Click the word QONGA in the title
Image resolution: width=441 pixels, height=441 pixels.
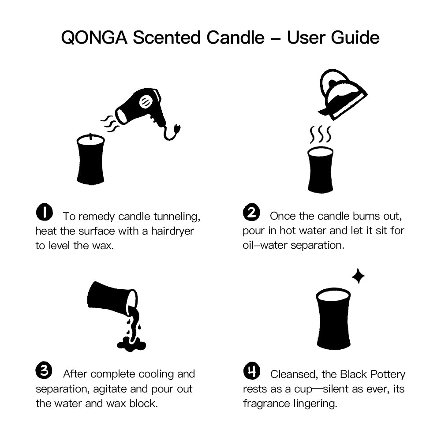point(94,37)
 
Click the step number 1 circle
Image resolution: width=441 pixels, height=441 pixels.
point(45,212)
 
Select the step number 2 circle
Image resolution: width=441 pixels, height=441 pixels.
point(251,212)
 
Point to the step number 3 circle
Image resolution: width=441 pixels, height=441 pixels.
point(44,370)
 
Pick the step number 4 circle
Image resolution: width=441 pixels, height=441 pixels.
point(252,371)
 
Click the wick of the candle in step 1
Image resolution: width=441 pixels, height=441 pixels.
point(90,136)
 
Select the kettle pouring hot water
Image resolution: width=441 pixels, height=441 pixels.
point(342,94)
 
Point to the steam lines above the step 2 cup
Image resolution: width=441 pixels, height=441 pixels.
point(320,135)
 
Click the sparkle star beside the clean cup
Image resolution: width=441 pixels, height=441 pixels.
point(358,276)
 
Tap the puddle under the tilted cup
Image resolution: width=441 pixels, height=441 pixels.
point(131,345)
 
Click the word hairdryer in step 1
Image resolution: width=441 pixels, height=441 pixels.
point(172,231)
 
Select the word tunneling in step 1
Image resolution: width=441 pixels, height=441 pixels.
point(177,217)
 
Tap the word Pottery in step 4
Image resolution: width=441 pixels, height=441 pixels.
point(388,374)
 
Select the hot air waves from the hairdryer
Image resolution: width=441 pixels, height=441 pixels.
point(110,124)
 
